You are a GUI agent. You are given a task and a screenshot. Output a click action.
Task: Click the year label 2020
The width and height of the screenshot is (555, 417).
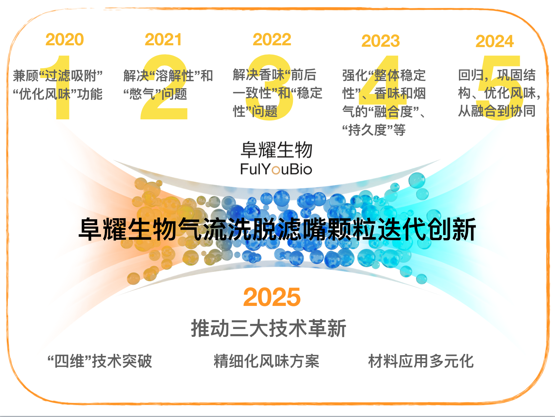(64, 40)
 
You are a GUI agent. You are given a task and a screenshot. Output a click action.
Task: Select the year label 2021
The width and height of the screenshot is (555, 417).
(163, 40)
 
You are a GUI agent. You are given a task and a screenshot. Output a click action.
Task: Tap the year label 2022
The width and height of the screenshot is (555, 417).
(272, 40)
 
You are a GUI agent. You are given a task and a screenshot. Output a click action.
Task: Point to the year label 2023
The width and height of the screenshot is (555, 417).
(380, 41)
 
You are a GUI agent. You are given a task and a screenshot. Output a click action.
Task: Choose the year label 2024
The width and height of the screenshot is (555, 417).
(495, 41)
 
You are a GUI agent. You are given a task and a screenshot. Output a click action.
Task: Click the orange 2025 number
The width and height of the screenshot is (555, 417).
(272, 297)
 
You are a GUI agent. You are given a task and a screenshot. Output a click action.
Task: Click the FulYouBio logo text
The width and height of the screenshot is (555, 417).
(276, 169)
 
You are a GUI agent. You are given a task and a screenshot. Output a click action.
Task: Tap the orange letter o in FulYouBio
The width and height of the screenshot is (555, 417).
(276, 170)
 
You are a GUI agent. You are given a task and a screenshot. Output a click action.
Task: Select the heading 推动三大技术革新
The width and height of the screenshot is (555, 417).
(269, 328)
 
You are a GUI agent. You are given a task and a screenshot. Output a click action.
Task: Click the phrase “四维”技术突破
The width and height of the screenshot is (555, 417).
(100, 361)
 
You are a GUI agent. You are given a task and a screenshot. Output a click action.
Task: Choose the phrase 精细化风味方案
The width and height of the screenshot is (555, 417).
(266, 361)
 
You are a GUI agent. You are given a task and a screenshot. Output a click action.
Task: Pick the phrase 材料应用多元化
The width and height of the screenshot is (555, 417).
(421, 361)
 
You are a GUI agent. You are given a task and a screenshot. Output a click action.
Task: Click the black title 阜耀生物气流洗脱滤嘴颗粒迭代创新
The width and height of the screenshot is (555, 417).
(277, 229)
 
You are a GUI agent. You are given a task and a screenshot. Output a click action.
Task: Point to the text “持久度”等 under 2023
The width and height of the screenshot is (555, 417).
(374, 130)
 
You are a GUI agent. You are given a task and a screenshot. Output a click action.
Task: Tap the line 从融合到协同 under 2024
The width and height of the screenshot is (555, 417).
(497, 111)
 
